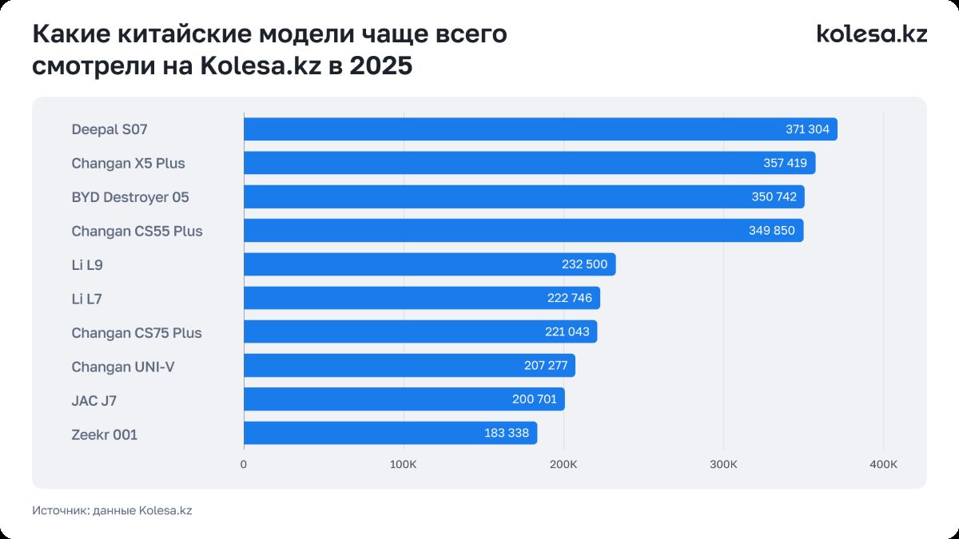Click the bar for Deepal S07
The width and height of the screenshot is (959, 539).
[511, 129]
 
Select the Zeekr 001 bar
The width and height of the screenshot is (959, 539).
[360, 434]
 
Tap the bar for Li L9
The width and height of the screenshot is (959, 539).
[400, 264]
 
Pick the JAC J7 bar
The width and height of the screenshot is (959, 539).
[376, 399]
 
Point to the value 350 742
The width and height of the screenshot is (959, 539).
[774, 197]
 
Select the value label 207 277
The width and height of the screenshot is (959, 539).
[544, 366]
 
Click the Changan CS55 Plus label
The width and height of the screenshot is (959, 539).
[137, 231]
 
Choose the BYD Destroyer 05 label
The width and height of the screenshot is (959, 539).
[130, 197]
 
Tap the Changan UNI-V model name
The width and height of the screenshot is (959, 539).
[123, 367]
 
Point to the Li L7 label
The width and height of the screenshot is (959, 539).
[86, 299]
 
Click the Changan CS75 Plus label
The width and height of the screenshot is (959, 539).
[137, 332]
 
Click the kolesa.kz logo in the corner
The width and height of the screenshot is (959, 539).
[871, 34]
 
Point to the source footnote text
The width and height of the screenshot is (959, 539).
[112, 511]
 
